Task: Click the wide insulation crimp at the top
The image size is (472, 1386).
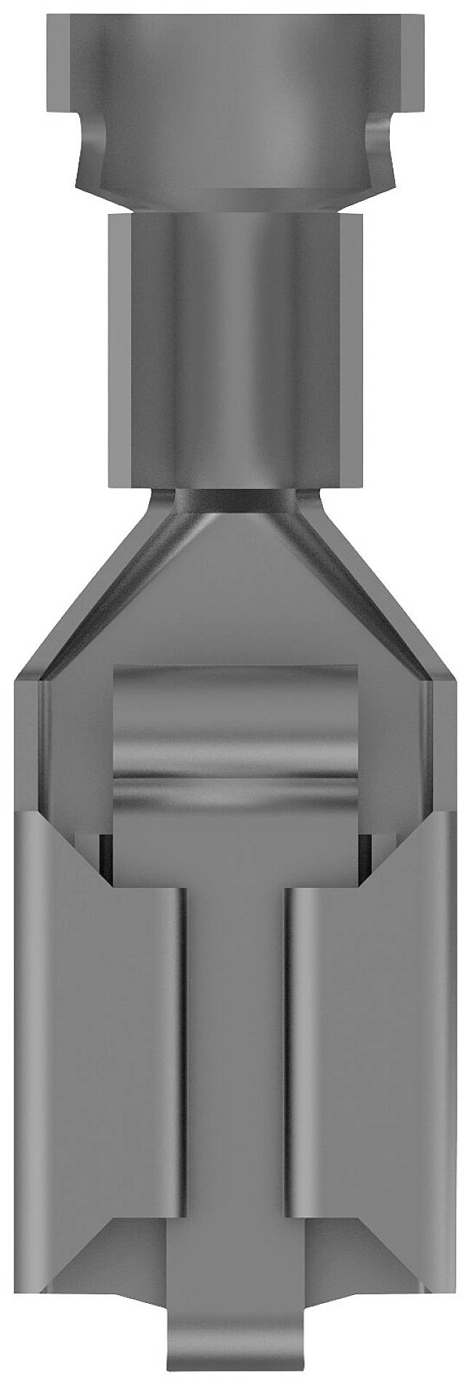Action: pyautogui.click(x=236, y=95)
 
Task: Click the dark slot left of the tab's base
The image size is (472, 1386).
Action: pyautogui.click(x=106, y=859)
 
